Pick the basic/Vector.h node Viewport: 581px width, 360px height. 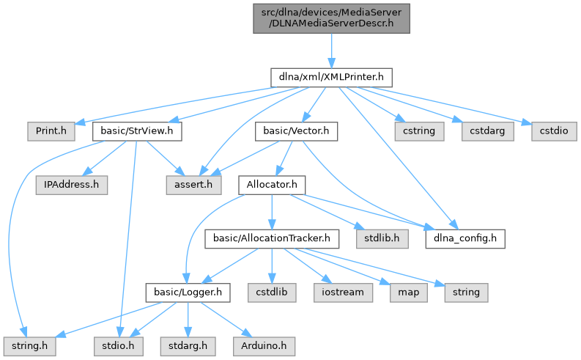[x=297, y=131]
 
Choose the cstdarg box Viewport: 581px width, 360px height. [x=482, y=131]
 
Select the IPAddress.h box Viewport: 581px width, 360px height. [x=71, y=185]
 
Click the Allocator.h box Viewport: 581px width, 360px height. [x=271, y=185]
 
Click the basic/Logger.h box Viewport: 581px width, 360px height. [x=188, y=292]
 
